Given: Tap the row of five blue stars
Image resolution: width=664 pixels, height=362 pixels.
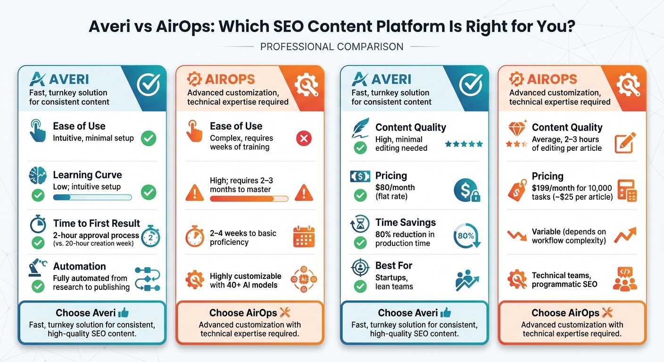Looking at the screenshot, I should click(464, 144).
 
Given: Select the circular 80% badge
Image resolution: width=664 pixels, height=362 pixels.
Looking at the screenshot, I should click(465, 236).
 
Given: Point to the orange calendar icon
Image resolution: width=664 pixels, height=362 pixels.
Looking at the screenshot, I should click(304, 237).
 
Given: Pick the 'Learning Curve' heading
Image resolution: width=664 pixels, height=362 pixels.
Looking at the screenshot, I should click(87, 175).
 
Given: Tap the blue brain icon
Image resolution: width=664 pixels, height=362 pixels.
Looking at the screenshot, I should click(38, 175).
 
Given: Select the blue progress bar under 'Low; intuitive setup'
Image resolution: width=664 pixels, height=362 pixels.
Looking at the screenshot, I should click(92, 197).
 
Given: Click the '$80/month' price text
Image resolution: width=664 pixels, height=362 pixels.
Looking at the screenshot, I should click(395, 187).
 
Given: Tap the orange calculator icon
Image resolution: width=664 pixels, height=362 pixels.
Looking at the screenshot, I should click(627, 190).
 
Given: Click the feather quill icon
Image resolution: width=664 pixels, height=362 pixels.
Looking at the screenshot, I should click(360, 129).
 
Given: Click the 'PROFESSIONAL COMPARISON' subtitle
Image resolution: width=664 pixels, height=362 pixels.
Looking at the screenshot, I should click(332, 47).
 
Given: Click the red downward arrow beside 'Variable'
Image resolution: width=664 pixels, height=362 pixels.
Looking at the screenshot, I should click(515, 235).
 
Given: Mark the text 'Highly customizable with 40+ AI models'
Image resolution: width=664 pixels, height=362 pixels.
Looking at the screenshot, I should click(245, 280).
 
